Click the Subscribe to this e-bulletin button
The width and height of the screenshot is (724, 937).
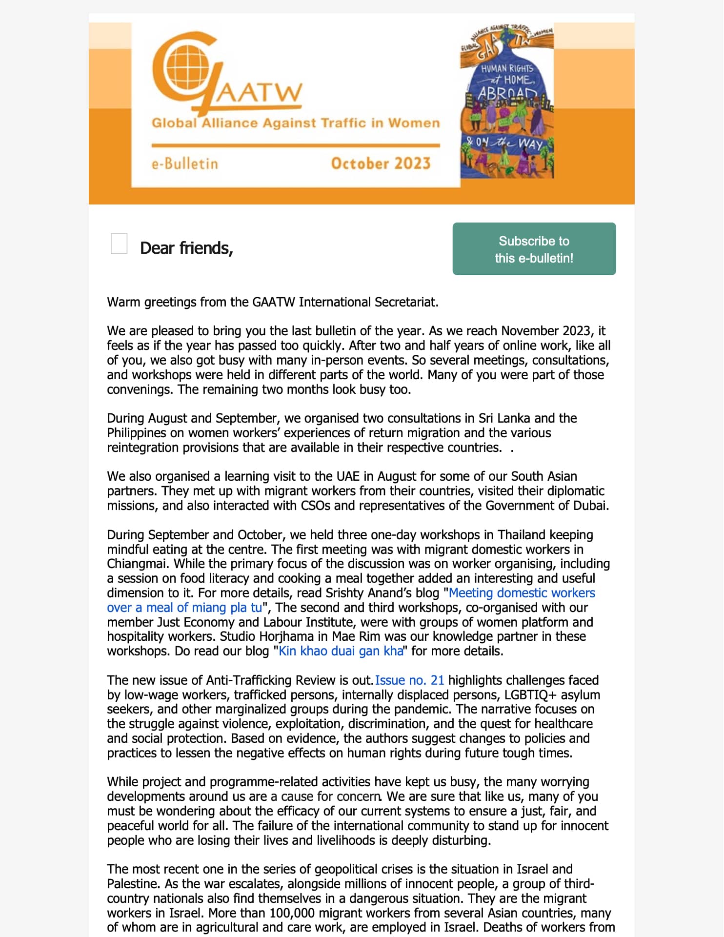tap(534, 249)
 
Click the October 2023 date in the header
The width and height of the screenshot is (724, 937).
tap(381, 163)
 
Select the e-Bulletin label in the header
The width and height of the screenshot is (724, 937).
tap(184, 163)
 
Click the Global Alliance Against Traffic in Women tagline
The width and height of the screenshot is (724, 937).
tap(296, 122)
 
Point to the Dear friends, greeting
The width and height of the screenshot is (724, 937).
tap(186, 248)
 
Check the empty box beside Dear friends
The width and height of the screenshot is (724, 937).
tap(119, 244)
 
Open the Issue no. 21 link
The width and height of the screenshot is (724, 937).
tap(409, 680)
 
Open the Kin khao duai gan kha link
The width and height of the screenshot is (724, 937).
tap(341, 651)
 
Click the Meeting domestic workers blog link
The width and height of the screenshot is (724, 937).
tap(522, 593)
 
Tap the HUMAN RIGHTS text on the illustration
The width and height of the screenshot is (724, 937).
tap(507, 69)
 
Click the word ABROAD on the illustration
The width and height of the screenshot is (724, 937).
tap(507, 93)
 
